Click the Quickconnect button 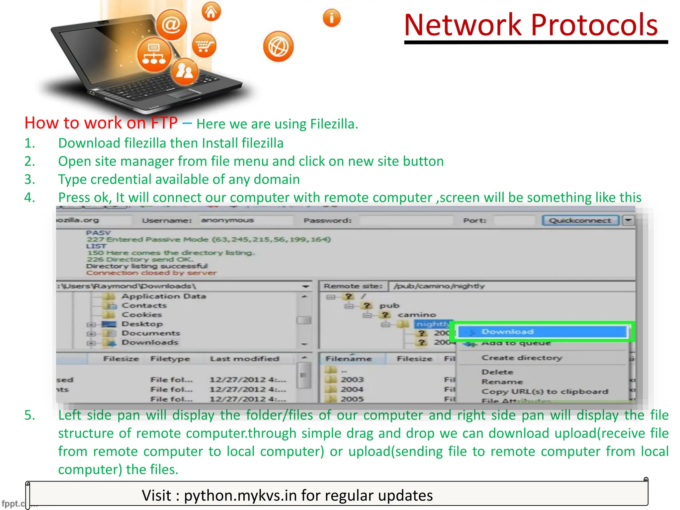coord(580,220)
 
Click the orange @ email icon coord(171,25)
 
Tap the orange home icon coord(211,12)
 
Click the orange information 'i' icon coord(331,18)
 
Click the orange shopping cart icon coord(204,45)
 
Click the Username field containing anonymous coord(246,220)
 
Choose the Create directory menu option coord(522,358)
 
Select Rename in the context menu coord(502,382)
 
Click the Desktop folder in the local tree coord(142,324)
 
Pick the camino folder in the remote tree coord(416,315)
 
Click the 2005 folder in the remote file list coord(352,399)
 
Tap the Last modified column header coord(244,359)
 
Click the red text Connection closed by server coord(151,273)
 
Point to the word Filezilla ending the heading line coord(333,124)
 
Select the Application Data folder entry coord(163,296)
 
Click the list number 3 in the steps coord(30,180)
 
